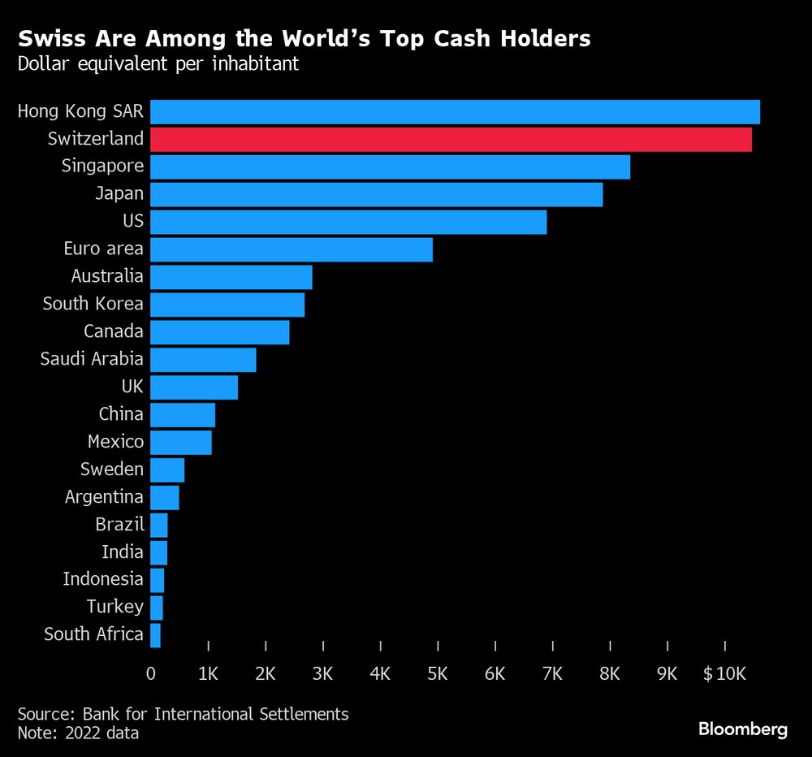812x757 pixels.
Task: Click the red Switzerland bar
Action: click(451, 140)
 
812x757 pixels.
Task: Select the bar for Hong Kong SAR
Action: click(455, 112)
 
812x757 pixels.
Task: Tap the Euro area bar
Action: click(291, 249)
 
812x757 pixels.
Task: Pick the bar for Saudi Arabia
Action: click(203, 360)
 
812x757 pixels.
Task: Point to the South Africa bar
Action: click(155, 635)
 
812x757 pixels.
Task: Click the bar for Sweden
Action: click(167, 469)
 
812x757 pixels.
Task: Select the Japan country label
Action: click(119, 194)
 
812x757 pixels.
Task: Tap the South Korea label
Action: click(93, 305)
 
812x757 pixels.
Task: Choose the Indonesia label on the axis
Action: click(103, 579)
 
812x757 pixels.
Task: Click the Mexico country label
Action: click(115, 442)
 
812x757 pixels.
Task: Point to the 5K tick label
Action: click(438, 673)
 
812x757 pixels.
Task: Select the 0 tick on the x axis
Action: click(150, 673)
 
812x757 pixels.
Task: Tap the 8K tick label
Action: click(610, 673)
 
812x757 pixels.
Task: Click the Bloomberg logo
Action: click(743, 729)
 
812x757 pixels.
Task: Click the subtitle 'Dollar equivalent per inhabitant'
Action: click(158, 63)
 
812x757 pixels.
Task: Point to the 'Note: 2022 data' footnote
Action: click(78, 733)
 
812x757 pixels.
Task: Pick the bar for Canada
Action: click(219, 332)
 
